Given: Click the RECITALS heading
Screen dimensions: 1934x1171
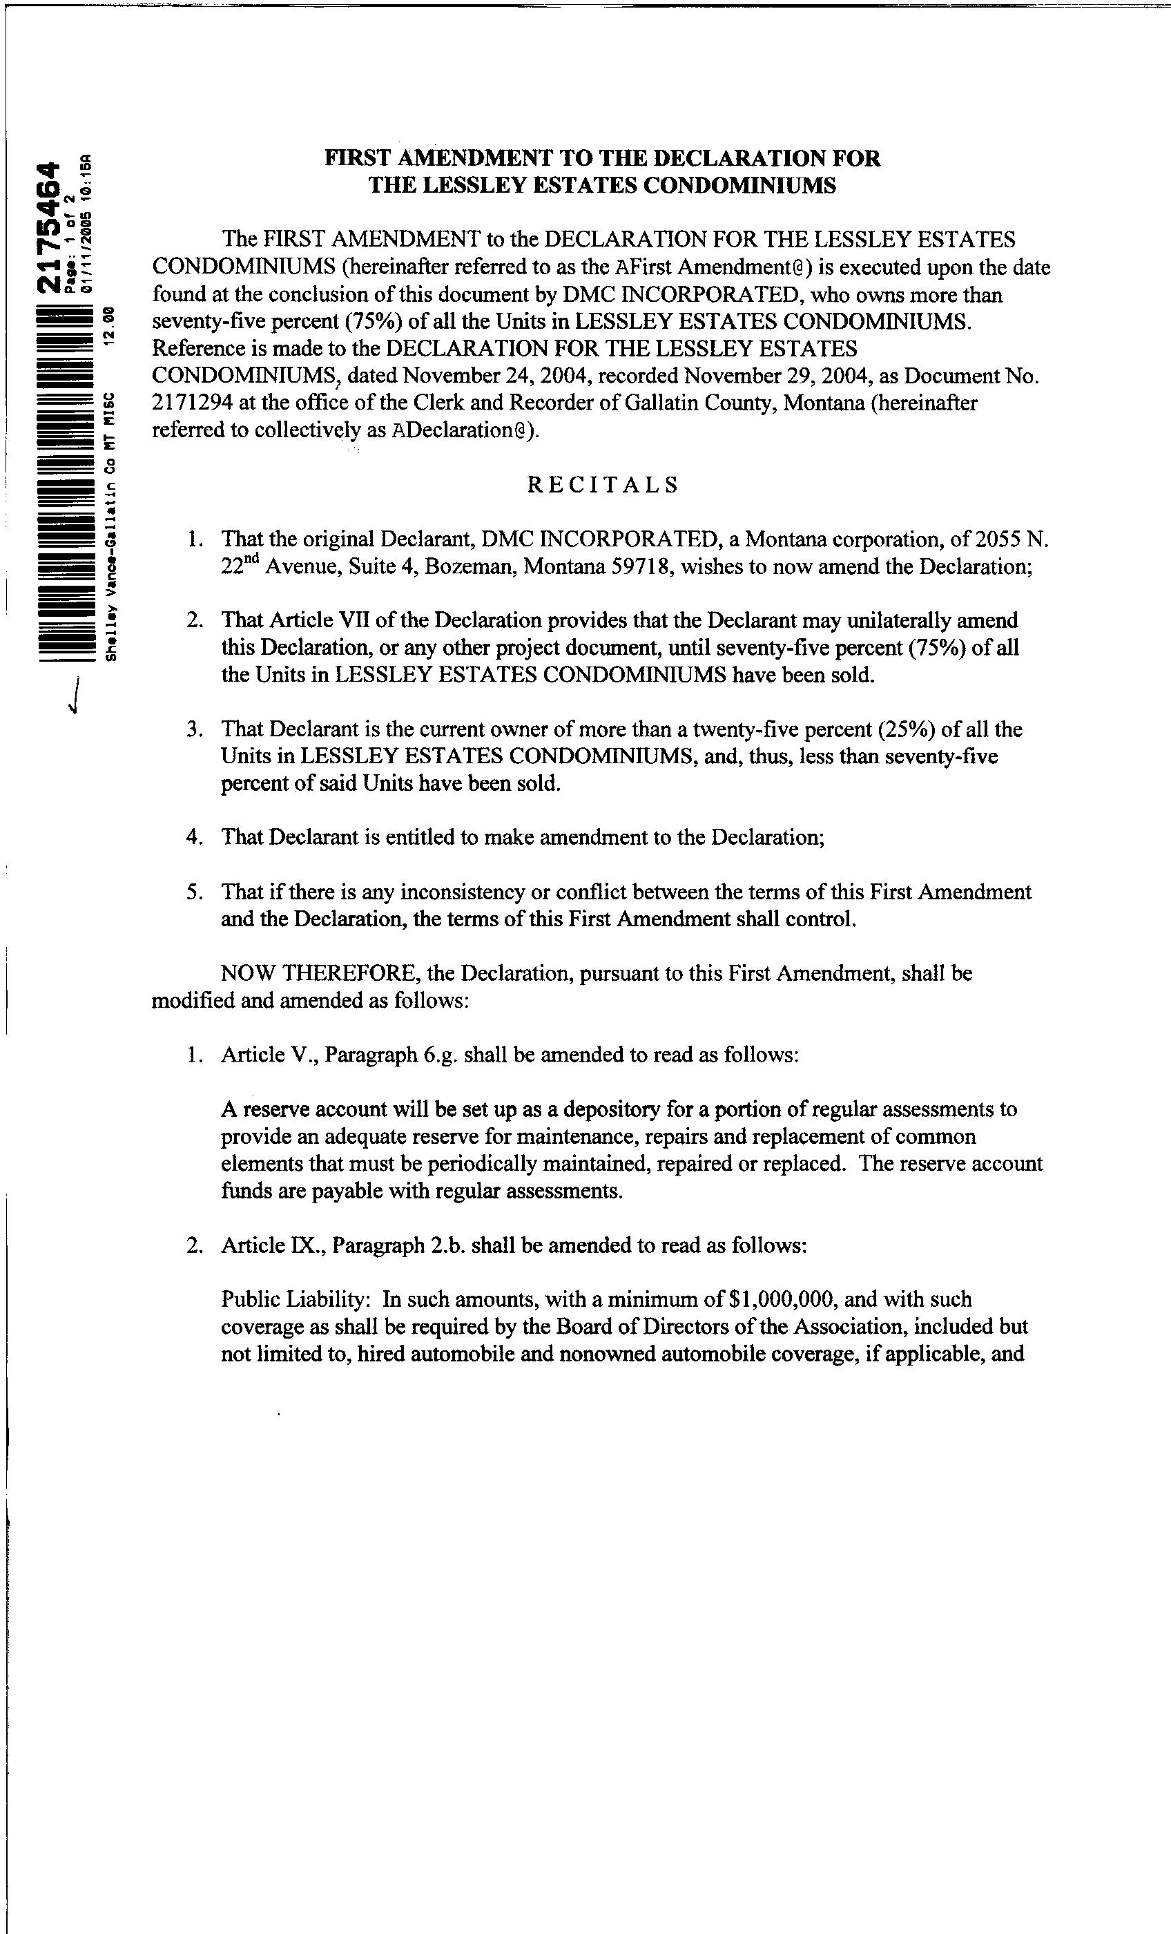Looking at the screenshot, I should (x=602, y=484).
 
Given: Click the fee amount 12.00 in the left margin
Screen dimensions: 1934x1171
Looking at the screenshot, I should (x=110, y=322).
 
